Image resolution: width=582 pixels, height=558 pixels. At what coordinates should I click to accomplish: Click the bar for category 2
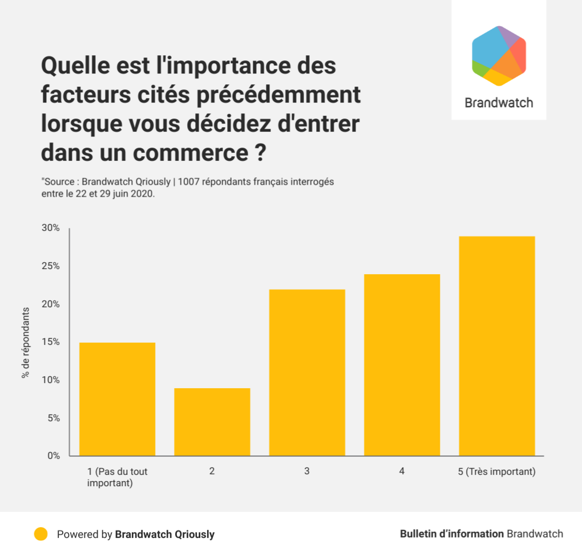pos(212,422)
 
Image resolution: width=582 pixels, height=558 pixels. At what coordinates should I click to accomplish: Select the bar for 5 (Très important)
pos(497,346)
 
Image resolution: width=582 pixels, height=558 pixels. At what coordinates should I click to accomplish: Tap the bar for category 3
pos(307,373)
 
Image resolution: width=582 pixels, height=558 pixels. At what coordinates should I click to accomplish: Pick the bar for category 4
pos(402,365)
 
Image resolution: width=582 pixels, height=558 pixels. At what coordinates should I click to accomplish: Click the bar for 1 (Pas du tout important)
pos(117,399)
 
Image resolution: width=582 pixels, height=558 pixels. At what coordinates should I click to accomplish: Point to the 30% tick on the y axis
pos(50,228)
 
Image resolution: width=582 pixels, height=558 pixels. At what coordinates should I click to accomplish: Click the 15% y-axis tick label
pos(50,342)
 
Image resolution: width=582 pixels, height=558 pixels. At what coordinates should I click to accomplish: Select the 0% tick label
pos(52,456)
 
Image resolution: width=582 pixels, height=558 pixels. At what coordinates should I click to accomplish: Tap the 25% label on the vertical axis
pos(50,266)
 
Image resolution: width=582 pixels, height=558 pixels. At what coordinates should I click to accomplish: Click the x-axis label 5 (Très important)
pos(497,472)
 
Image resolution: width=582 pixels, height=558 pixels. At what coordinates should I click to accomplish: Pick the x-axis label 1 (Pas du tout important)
pos(117,478)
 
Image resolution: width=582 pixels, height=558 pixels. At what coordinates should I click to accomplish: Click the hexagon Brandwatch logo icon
pos(499,55)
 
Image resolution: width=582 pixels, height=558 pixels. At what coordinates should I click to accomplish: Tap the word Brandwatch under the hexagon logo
pos(499,103)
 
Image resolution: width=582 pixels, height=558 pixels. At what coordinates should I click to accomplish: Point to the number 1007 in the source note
pos(189,182)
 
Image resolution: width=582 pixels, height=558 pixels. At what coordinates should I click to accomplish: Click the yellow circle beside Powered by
pos(41,535)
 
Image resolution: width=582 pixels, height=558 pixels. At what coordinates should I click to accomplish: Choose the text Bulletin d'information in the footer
pos(452,534)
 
